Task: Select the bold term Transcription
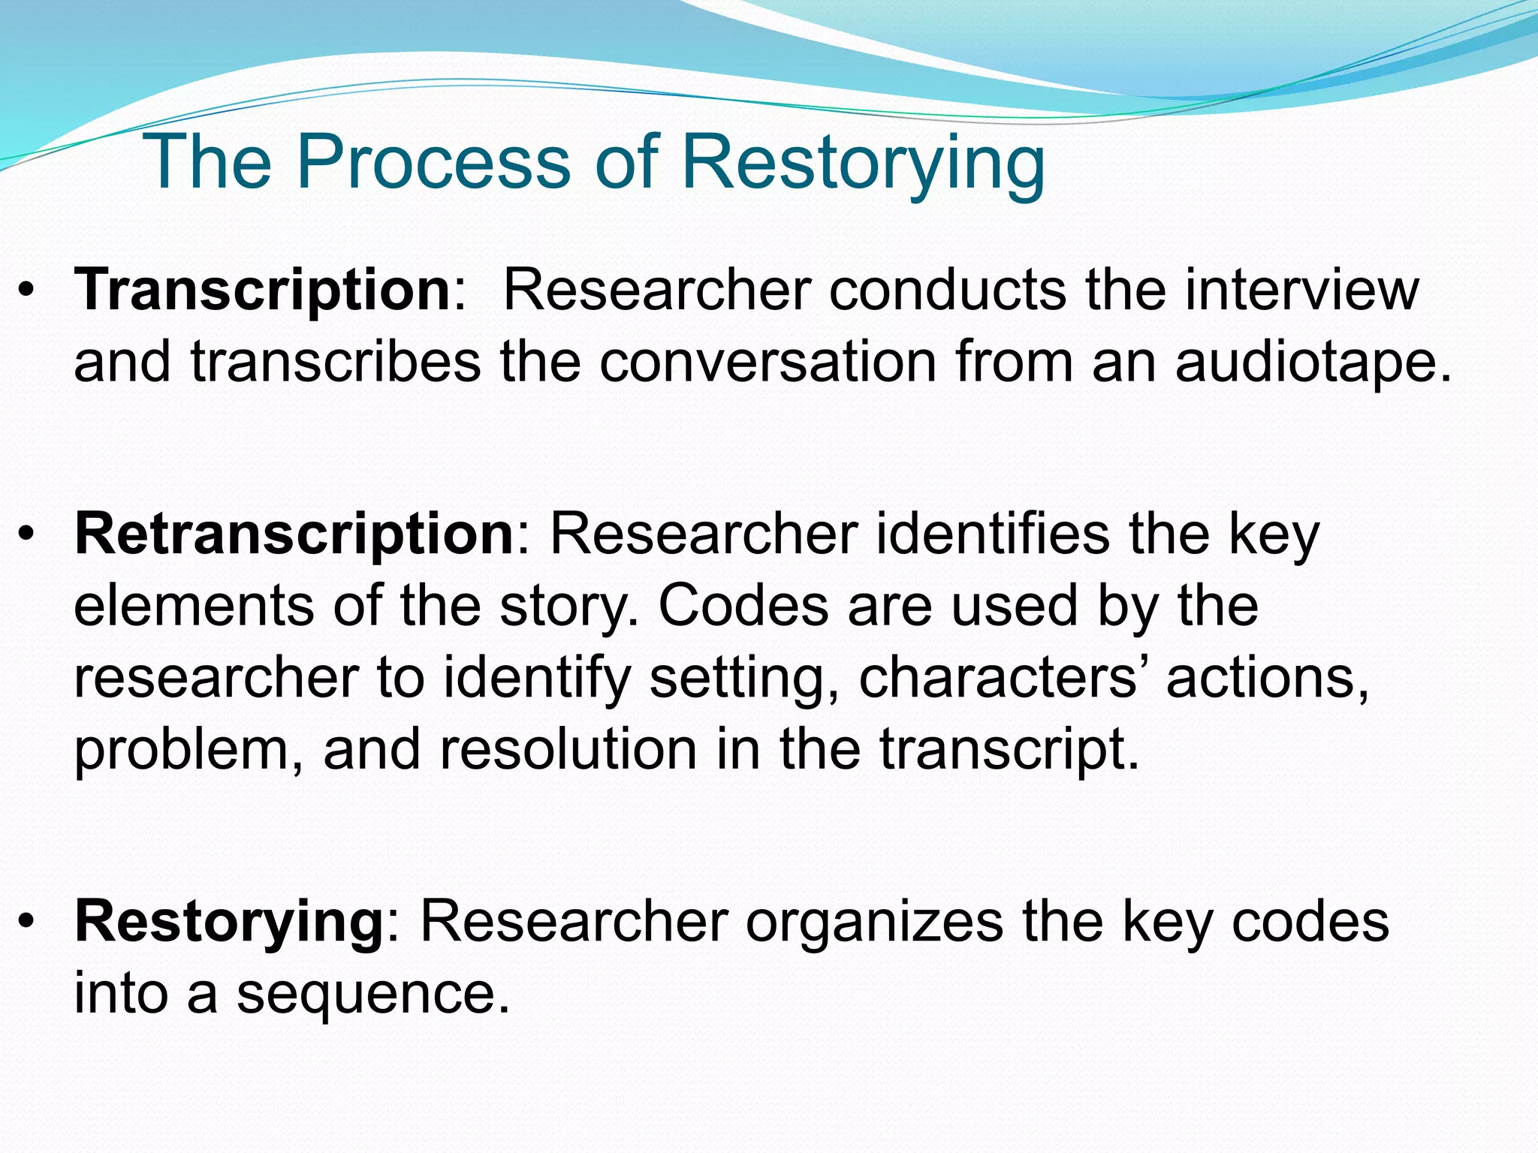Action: click(x=262, y=291)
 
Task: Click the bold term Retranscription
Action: click(x=294, y=534)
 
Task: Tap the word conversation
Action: click(x=767, y=363)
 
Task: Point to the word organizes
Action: click(x=874, y=922)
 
